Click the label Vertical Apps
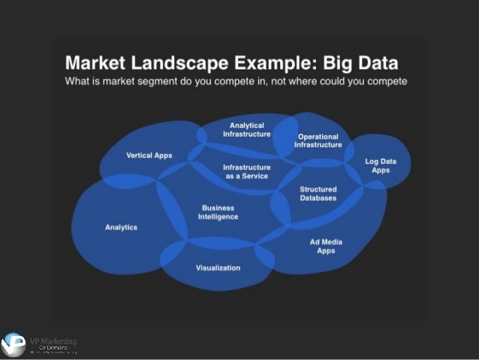pyautogui.click(x=148, y=156)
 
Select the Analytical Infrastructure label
pyautogui.click(x=246, y=129)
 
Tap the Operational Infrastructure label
pyautogui.click(x=318, y=141)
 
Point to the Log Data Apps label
pyautogui.click(x=381, y=165)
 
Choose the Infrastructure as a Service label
pyautogui.click(x=246, y=171)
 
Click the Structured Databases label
pyautogui.click(x=318, y=194)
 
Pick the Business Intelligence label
pyautogui.click(x=218, y=212)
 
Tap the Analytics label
pyautogui.click(x=121, y=227)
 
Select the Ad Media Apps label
pyautogui.click(x=326, y=247)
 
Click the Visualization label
pyautogui.click(x=218, y=268)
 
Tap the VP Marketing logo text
pyautogui.click(x=57, y=343)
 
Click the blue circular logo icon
pyautogui.click(x=14, y=345)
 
